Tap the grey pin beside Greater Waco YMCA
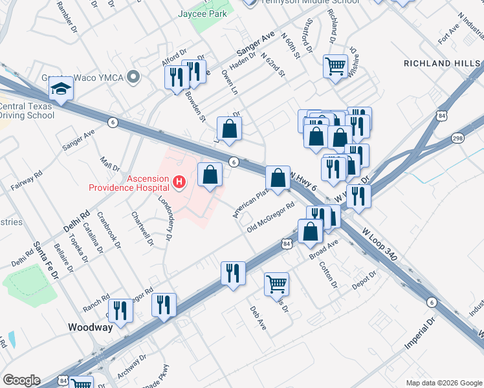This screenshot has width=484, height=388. click(x=134, y=78)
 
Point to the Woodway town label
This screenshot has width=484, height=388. click(x=91, y=327)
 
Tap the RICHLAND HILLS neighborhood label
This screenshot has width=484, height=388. click(x=442, y=63)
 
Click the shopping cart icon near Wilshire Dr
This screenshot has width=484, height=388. click(x=335, y=65)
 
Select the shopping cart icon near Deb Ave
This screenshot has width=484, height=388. click(x=276, y=283)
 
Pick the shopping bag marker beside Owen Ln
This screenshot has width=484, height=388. click(x=229, y=128)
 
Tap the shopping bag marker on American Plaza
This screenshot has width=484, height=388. click(x=278, y=177)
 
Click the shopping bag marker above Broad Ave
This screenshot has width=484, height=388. click(x=311, y=230)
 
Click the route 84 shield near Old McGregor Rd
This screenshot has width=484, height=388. click(x=286, y=243)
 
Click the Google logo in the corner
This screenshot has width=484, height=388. click(x=21, y=380)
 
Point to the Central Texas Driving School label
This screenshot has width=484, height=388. click(x=27, y=111)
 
